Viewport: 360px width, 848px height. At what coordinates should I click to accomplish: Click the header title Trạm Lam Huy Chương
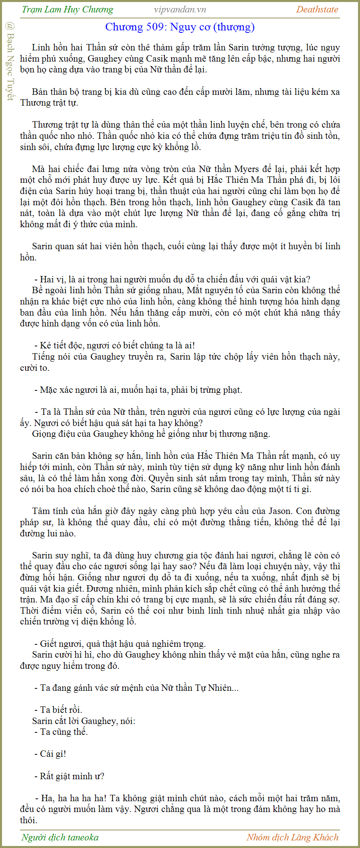click(67, 10)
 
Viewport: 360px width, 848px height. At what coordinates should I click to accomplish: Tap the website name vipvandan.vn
click(180, 10)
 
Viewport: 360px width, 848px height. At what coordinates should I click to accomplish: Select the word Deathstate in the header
click(317, 10)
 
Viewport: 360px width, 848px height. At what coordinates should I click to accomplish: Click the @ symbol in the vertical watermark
click(10, 26)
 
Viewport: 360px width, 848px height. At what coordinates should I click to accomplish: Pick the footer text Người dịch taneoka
click(60, 837)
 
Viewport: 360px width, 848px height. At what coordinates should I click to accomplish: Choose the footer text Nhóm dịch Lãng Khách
click(292, 837)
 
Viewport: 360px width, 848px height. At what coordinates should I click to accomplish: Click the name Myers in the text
click(246, 169)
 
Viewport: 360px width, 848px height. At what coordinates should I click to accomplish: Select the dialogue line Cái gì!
click(53, 754)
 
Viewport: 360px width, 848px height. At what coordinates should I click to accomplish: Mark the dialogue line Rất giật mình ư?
click(72, 776)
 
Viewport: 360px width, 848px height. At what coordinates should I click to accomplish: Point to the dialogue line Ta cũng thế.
click(64, 732)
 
